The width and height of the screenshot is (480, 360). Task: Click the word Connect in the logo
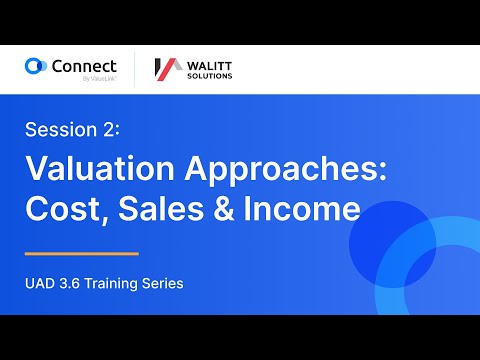pyautogui.click(x=84, y=65)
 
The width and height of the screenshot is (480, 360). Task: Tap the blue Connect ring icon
pyautogui.click(x=36, y=67)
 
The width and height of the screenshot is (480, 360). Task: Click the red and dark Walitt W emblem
pyautogui.click(x=166, y=68)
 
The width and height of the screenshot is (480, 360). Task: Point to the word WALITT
pyautogui.click(x=208, y=63)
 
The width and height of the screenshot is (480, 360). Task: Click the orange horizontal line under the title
pyautogui.click(x=81, y=253)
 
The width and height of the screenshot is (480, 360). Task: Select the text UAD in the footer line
pyautogui.click(x=41, y=283)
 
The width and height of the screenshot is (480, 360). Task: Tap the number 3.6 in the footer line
pyautogui.click(x=75, y=283)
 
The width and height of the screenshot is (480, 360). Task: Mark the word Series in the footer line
pyautogui.click(x=165, y=283)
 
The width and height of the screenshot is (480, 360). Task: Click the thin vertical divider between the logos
pyautogui.click(x=134, y=68)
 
